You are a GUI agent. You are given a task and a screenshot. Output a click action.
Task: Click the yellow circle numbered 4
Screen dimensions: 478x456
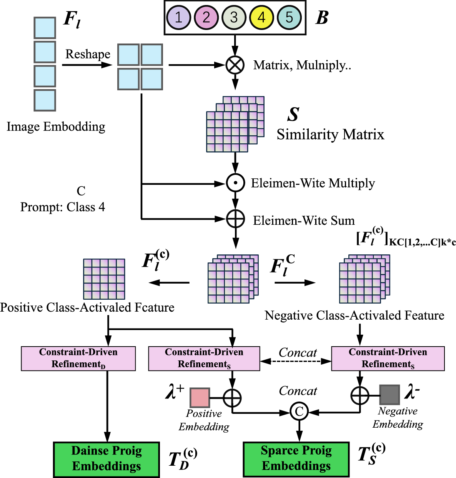tap(261, 18)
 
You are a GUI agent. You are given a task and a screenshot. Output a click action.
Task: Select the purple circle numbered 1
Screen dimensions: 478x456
tap(179, 18)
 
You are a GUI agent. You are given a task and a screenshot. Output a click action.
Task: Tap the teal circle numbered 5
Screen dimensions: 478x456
tap(289, 18)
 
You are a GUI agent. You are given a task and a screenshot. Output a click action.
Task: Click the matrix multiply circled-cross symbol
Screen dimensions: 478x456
tap(235, 65)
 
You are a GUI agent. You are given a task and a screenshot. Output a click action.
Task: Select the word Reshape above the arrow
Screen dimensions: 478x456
tap(88, 54)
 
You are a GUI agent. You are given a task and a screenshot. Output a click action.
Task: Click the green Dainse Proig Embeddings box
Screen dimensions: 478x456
tap(107, 459)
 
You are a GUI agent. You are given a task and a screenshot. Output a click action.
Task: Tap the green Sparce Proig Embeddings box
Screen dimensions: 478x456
tap(296, 459)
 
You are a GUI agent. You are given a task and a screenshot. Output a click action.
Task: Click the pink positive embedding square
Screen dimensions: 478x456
tap(200, 398)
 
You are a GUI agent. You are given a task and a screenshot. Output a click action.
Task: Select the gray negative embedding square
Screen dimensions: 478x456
tap(389, 395)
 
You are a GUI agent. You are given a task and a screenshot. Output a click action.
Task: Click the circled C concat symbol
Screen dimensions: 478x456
tap(299, 412)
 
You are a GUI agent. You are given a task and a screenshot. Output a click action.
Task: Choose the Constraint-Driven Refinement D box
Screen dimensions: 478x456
tap(78, 358)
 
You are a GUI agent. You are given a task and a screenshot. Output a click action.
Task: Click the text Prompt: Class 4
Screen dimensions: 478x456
tap(63, 207)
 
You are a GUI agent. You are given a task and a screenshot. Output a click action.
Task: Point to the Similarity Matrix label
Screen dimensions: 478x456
tap(330, 134)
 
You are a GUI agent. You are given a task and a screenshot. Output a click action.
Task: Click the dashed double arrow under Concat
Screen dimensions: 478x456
tap(296, 361)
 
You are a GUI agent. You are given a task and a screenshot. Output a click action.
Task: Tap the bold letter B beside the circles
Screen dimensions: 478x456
tap(322, 18)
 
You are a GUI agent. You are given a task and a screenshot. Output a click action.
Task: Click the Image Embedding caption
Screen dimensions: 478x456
tap(56, 126)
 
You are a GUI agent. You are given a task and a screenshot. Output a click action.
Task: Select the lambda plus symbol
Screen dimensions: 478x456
tap(175, 392)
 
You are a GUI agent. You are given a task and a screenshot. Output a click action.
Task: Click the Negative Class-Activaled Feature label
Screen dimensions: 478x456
tap(354, 315)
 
